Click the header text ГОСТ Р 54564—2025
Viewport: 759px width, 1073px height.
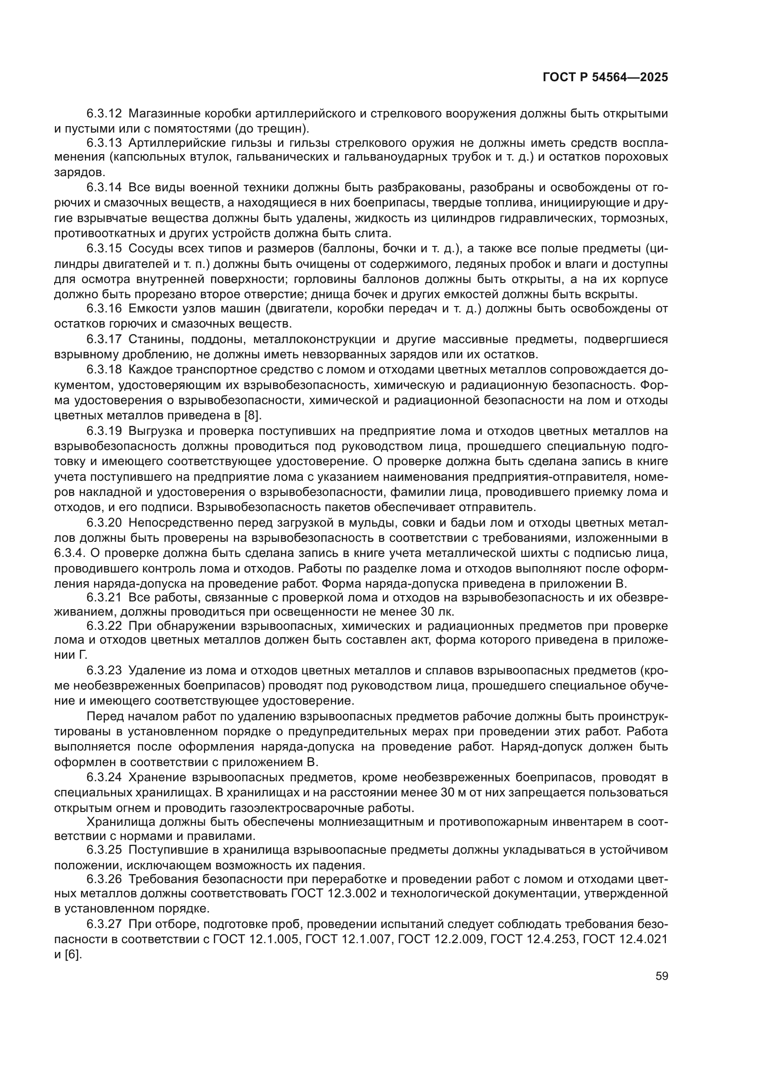pyautogui.click(x=605, y=78)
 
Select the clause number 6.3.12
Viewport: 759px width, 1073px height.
pyautogui.click(x=104, y=114)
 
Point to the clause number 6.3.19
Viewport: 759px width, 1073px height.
pyautogui.click(x=104, y=431)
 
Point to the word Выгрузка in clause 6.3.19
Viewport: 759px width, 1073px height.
pyautogui.click(x=155, y=431)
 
